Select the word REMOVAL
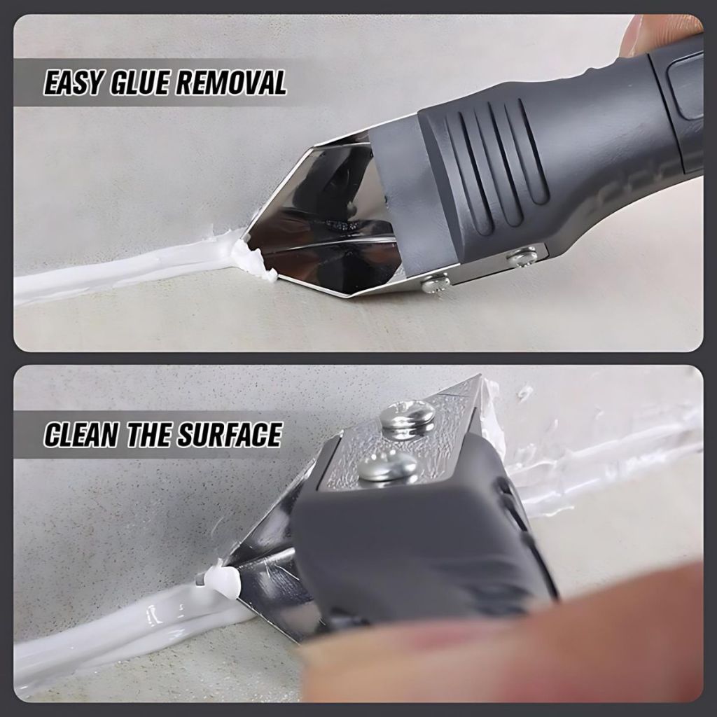click(231, 83)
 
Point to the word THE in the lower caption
click(148, 434)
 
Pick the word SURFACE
click(229, 434)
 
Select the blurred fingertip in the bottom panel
click(503, 649)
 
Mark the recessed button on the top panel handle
click(686, 87)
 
